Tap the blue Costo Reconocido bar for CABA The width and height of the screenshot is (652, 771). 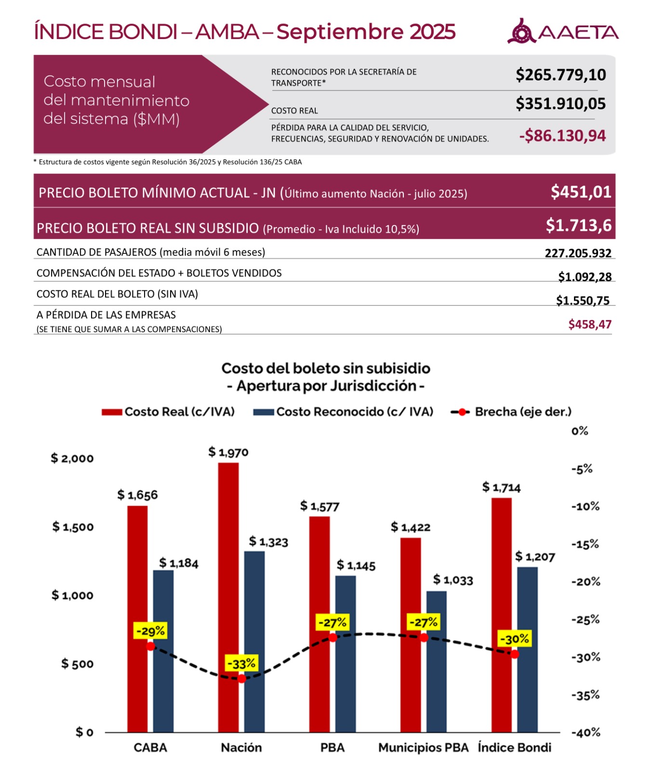tap(163, 651)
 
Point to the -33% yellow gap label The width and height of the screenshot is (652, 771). tap(241, 664)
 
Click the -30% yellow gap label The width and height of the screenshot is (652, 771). tap(515, 639)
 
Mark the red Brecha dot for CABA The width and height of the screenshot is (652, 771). tap(151, 646)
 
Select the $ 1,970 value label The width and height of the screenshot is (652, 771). tap(228, 452)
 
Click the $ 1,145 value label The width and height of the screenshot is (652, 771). tap(356, 565)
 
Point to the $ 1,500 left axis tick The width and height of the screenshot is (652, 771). tap(73, 527)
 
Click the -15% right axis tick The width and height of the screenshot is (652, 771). tap(585, 545)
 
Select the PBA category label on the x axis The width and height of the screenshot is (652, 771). tap(333, 747)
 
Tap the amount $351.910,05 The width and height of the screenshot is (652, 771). tap(560, 104)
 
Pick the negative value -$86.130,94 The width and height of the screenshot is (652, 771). tap(562, 136)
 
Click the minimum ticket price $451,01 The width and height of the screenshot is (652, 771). tap(581, 192)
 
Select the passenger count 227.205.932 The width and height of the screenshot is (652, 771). tap(578, 253)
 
